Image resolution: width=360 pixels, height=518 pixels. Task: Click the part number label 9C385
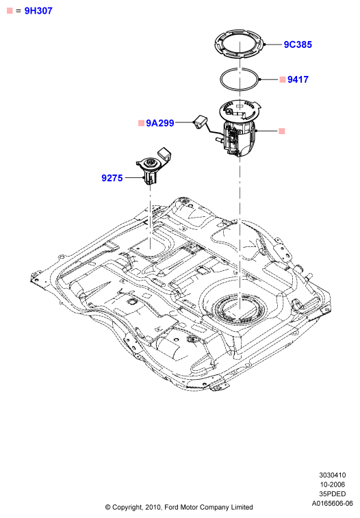(x=298, y=44)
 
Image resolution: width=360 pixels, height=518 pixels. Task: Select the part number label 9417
(x=298, y=79)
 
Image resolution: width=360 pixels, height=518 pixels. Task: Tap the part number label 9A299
(x=160, y=123)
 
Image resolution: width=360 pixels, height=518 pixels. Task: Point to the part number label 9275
(x=112, y=178)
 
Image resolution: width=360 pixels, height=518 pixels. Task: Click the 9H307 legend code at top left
(x=38, y=11)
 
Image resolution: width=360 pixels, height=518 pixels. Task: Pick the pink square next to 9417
(x=283, y=79)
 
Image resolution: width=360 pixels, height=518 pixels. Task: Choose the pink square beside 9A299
(x=141, y=123)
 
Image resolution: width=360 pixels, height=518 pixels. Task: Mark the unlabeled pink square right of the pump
(x=281, y=131)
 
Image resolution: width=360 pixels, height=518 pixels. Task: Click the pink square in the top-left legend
(x=10, y=10)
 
